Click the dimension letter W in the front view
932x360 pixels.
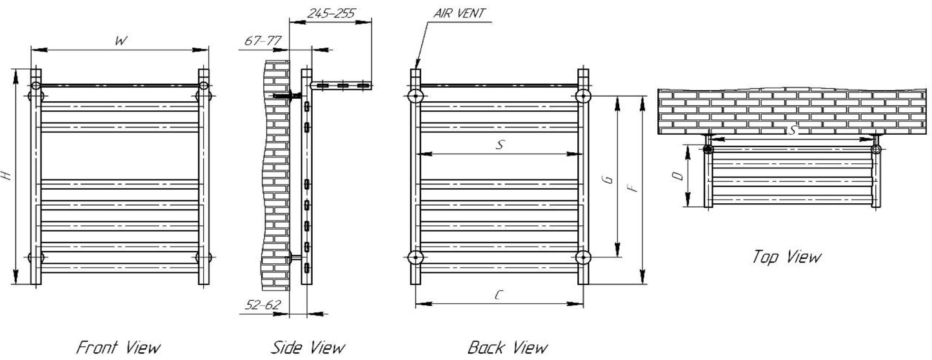(x=121, y=41)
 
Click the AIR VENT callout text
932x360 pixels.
(x=460, y=13)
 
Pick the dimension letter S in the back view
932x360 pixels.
(x=499, y=146)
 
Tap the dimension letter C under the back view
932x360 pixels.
(x=499, y=295)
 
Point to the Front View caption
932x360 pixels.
(x=118, y=348)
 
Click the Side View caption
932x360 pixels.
(x=308, y=348)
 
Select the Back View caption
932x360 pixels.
(x=508, y=348)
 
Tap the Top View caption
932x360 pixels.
(x=786, y=257)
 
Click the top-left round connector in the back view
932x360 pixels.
(x=416, y=97)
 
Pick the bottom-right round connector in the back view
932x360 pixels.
(x=584, y=257)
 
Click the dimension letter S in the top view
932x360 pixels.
(x=793, y=131)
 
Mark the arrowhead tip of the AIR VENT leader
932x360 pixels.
(x=417, y=68)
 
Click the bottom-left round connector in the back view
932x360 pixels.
(x=416, y=257)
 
